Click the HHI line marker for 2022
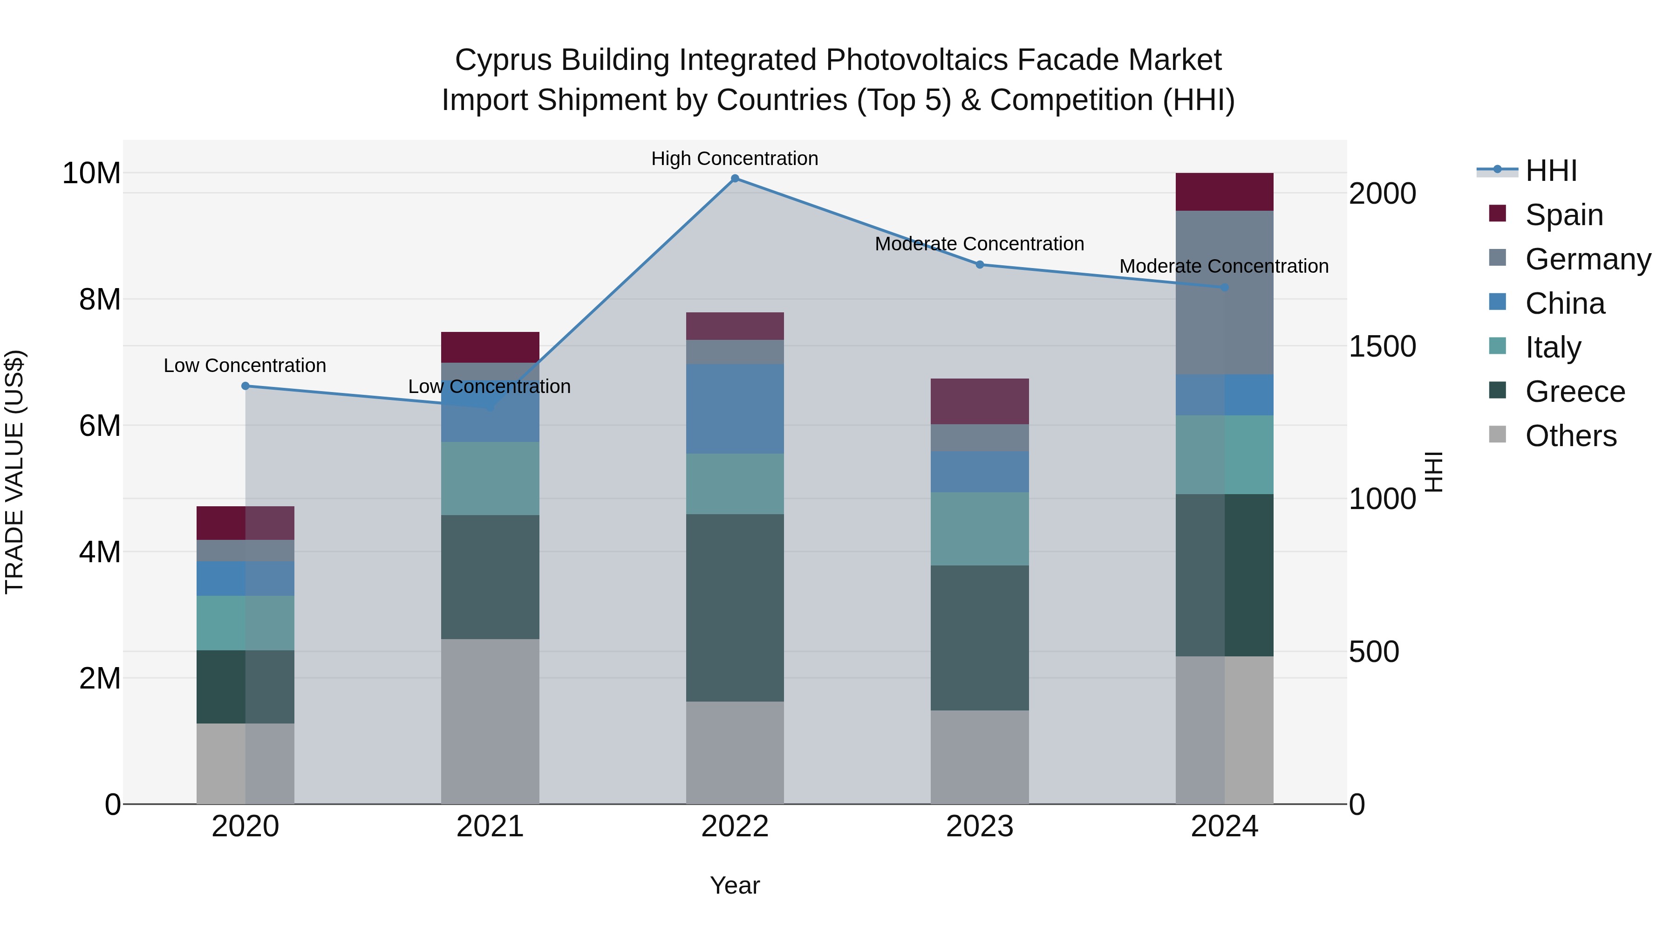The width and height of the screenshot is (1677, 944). pyautogui.click(x=735, y=179)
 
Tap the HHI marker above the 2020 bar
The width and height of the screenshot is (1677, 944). pyautogui.click(x=245, y=386)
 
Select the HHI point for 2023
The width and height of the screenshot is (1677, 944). pyautogui.click(x=980, y=264)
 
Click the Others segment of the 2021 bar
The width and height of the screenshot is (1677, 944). pyautogui.click(x=490, y=721)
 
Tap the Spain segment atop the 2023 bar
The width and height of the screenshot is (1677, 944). pyautogui.click(x=980, y=401)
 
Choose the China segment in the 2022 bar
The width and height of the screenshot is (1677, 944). pyautogui.click(x=735, y=408)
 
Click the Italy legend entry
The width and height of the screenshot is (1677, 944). pyautogui.click(x=1553, y=347)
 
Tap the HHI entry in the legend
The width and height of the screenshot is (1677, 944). pyautogui.click(x=1551, y=171)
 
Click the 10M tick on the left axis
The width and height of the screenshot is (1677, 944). pyautogui.click(x=91, y=173)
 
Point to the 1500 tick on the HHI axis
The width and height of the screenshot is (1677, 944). pyautogui.click(x=1382, y=346)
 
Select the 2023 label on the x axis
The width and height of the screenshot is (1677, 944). pyautogui.click(x=980, y=827)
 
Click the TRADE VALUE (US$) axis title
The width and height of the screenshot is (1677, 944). pyautogui.click(x=14, y=472)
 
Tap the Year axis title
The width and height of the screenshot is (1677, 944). pyautogui.click(x=735, y=885)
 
